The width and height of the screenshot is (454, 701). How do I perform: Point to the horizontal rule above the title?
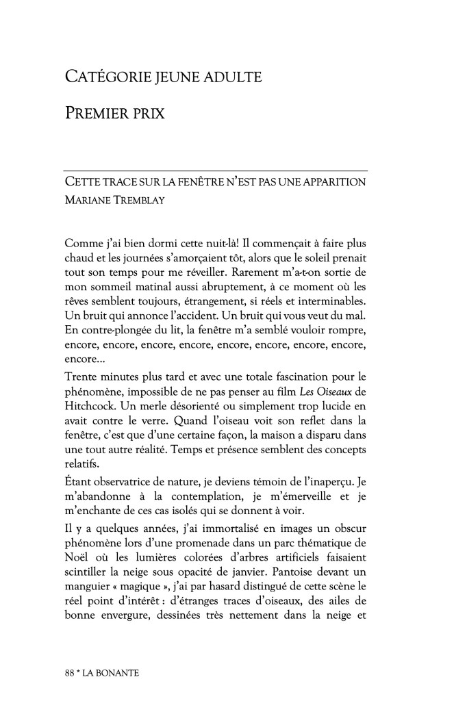[215, 170]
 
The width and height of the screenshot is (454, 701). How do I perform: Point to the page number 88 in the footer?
[69, 674]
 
